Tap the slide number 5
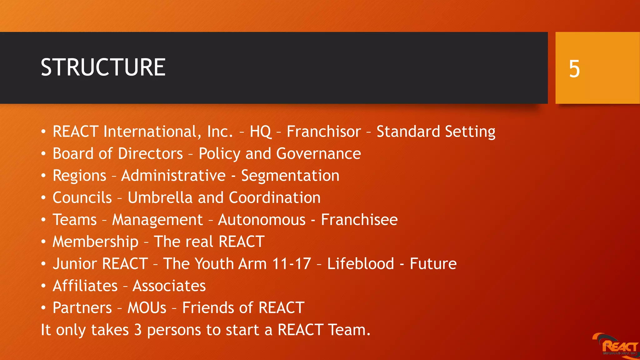point(574,69)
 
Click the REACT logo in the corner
point(617,345)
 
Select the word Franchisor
point(324,132)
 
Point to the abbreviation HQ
point(260,132)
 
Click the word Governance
point(318,154)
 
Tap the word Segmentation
point(290,176)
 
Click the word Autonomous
point(262,220)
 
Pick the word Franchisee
point(359,220)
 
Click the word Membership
point(95,242)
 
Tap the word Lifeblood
point(361,264)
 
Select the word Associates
point(169,286)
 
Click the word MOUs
point(147,308)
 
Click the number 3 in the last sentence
point(138,330)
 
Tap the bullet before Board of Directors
point(43,154)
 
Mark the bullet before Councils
point(43,198)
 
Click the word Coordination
point(275,198)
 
